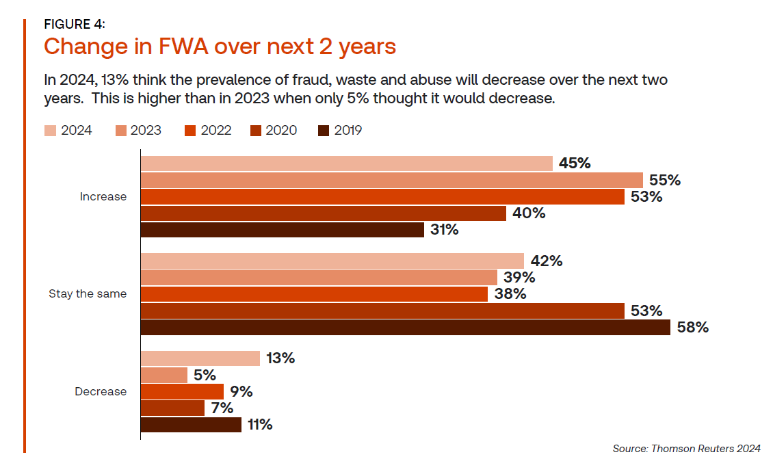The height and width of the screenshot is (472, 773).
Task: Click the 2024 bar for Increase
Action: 346,163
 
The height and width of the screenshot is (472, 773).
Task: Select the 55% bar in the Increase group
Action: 391,180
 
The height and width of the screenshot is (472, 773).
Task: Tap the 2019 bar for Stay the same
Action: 405,328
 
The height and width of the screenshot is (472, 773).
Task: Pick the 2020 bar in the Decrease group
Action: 172,408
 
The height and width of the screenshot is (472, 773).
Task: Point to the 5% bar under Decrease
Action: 164,376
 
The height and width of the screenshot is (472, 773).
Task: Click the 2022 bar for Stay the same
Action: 314,294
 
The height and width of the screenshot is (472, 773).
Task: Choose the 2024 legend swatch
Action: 50,131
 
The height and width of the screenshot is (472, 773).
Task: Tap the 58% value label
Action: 692,328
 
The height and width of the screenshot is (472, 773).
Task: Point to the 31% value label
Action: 445,230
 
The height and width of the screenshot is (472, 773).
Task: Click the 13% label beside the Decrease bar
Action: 280,358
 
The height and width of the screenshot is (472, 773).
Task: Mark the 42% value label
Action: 546,261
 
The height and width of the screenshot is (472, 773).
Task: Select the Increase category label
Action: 103,197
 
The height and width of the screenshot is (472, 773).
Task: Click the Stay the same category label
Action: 88,294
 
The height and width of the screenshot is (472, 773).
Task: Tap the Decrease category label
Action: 101,392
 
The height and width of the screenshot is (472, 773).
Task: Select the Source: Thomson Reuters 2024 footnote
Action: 686,449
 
